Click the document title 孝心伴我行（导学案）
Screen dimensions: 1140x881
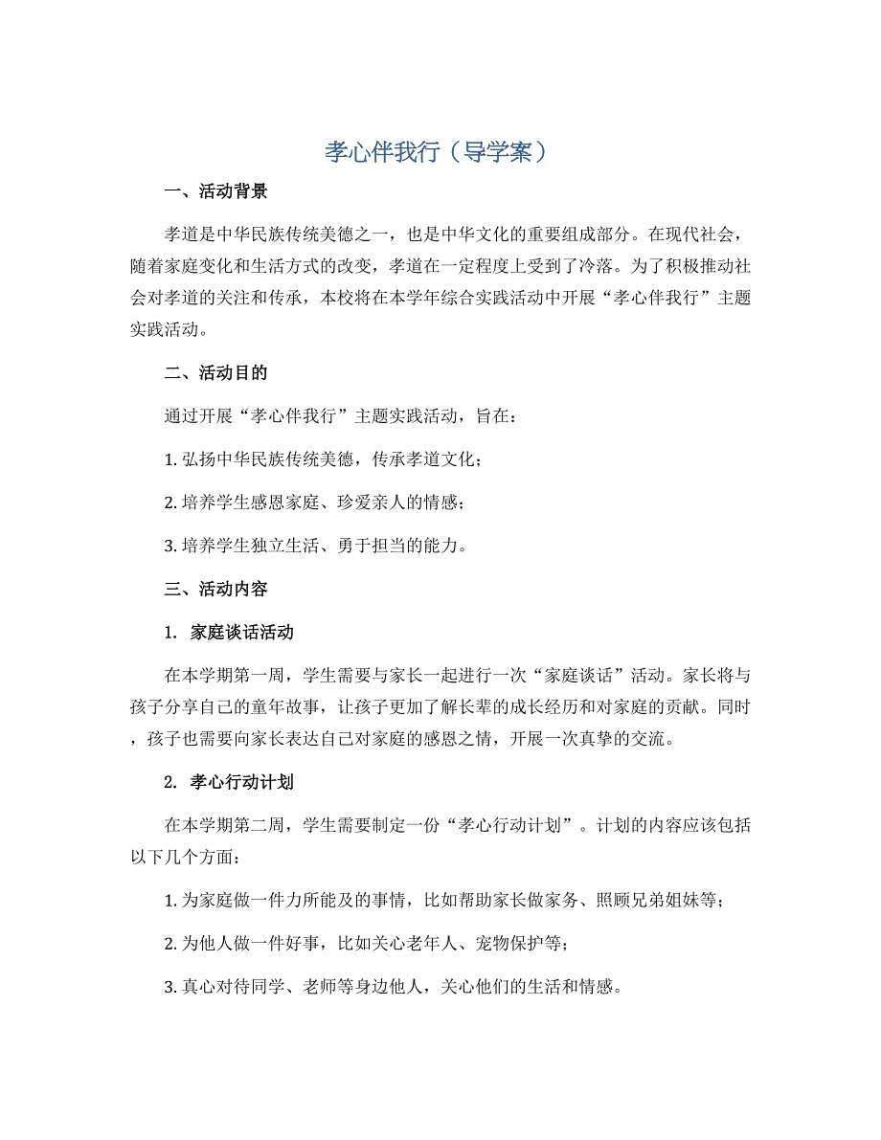pyautogui.click(x=440, y=152)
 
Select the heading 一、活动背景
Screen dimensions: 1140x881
pyautogui.click(x=215, y=190)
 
